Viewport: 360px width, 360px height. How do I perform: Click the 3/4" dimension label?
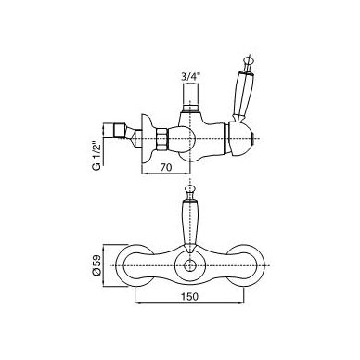(189, 77)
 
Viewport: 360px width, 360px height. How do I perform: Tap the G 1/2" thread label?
(96, 155)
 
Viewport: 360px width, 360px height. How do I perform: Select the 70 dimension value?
(166, 167)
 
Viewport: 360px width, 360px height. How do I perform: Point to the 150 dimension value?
(190, 296)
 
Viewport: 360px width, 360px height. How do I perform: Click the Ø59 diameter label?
(96, 265)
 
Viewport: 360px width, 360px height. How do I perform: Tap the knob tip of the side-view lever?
(249, 59)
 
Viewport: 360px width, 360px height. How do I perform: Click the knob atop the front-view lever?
(188, 189)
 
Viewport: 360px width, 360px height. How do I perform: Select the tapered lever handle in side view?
(241, 95)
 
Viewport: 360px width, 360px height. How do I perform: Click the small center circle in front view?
(189, 266)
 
